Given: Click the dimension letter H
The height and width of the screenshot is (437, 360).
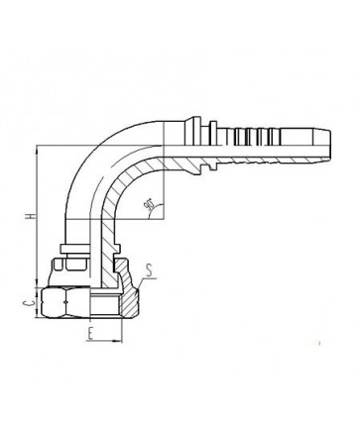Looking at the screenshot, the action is [x=32, y=216].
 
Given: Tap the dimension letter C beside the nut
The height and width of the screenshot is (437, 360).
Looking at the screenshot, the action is [x=29, y=303].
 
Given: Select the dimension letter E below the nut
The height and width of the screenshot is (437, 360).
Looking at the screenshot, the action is [x=89, y=334].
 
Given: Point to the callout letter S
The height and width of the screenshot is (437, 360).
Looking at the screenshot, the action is [x=149, y=271].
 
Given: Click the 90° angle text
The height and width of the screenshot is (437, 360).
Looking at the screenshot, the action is [x=148, y=204].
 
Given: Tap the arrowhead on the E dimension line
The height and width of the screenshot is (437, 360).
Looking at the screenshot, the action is [x=116, y=340].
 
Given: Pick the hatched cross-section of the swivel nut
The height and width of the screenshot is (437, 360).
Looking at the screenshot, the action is [x=127, y=289].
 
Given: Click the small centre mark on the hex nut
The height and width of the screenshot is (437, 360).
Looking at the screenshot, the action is [x=66, y=302].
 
